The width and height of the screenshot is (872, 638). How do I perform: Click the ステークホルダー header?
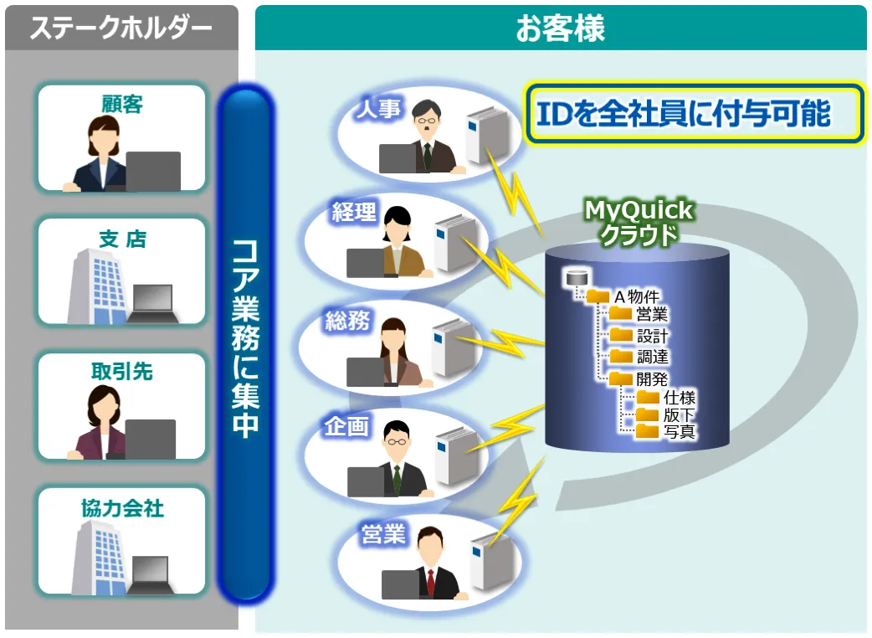click(121, 28)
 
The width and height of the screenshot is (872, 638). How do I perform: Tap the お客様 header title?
click(560, 28)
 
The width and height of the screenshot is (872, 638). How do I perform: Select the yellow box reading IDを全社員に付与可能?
click(694, 113)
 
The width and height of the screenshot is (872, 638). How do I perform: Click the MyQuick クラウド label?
click(638, 222)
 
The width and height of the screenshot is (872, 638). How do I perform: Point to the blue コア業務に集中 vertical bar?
click(245, 343)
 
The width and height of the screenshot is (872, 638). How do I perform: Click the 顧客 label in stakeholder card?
click(121, 103)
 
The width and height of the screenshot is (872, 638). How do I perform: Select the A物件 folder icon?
click(598, 296)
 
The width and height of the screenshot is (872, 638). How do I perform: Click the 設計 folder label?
click(652, 336)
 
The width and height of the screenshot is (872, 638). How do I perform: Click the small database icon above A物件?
click(575, 277)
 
